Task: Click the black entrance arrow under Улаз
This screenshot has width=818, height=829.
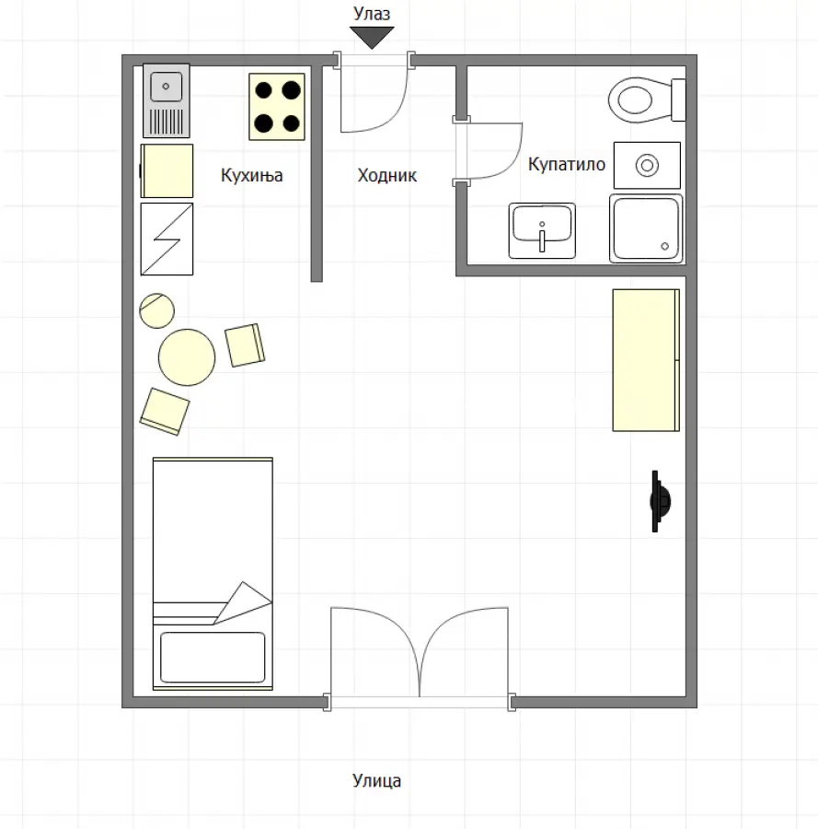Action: coord(372,37)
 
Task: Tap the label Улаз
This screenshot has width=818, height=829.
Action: coord(372,13)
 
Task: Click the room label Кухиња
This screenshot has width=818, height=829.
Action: coord(251,175)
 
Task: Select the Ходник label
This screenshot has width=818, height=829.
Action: coord(387,175)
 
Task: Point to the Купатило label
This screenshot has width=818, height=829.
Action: coord(567,164)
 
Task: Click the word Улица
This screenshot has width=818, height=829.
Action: coord(376,780)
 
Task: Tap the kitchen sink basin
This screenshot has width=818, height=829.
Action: coord(166,87)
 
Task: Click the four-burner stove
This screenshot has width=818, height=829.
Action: coord(277,107)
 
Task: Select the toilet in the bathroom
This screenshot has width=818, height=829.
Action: coord(647,99)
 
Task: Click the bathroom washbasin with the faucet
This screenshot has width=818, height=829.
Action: coord(542,230)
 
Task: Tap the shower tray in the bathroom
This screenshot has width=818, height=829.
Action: coord(646,228)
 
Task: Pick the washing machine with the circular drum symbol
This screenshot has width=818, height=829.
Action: coord(647,165)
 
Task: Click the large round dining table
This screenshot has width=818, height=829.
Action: coord(187,357)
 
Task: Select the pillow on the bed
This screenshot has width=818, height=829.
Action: coord(213,657)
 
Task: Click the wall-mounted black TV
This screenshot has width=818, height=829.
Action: coord(659,501)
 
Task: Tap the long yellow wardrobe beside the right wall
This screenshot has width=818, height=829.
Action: coord(646,360)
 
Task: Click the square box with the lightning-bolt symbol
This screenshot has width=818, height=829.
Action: coord(167,239)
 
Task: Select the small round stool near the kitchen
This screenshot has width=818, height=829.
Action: coord(156,310)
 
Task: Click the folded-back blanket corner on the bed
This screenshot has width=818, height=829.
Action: coord(243,602)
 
